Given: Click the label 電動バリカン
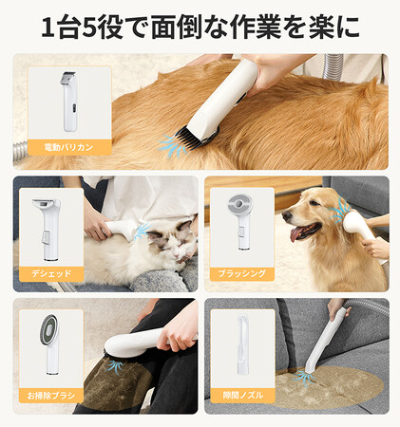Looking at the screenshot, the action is pyautogui.click(x=68, y=147).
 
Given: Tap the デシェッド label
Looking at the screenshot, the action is pyautogui.click(x=51, y=273).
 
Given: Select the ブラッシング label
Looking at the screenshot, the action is pyautogui.click(x=241, y=273).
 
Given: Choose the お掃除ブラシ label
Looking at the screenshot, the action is pyautogui.click(x=51, y=396).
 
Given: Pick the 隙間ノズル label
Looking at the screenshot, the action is pyautogui.click(x=242, y=395).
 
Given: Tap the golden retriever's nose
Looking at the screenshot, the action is pyautogui.click(x=287, y=215).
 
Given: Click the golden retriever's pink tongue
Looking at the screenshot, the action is pyautogui.click(x=296, y=233).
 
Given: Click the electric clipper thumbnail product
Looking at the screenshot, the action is pyautogui.click(x=69, y=102).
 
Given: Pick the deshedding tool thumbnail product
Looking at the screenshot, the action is pyautogui.click(x=48, y=230).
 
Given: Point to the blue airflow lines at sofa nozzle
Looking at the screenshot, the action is pyautogui.click(x=304, y=377).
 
